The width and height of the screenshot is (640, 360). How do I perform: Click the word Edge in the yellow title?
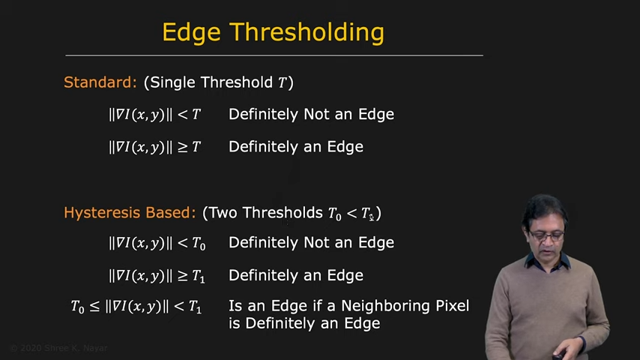point(191,33)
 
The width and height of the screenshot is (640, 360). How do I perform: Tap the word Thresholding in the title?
point(307,32)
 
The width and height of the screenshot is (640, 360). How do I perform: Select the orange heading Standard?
point(100,82)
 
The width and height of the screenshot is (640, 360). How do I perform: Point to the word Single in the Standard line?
point(173,83)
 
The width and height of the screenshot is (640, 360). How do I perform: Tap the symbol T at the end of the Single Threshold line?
point(283,83)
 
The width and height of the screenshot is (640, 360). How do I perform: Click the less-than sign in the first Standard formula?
point(182,115)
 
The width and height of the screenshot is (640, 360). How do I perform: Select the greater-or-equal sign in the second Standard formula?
point(182,147)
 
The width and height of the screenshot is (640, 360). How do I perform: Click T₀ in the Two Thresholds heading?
point(335,214)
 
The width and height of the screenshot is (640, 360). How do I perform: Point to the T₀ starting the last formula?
point(77,307)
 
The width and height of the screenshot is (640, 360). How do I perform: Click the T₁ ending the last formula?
point(195,307)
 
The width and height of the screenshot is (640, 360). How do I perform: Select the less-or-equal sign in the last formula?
point(94,307)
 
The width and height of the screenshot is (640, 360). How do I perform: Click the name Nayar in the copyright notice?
point(95,348)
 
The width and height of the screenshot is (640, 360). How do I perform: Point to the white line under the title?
point(274,55)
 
